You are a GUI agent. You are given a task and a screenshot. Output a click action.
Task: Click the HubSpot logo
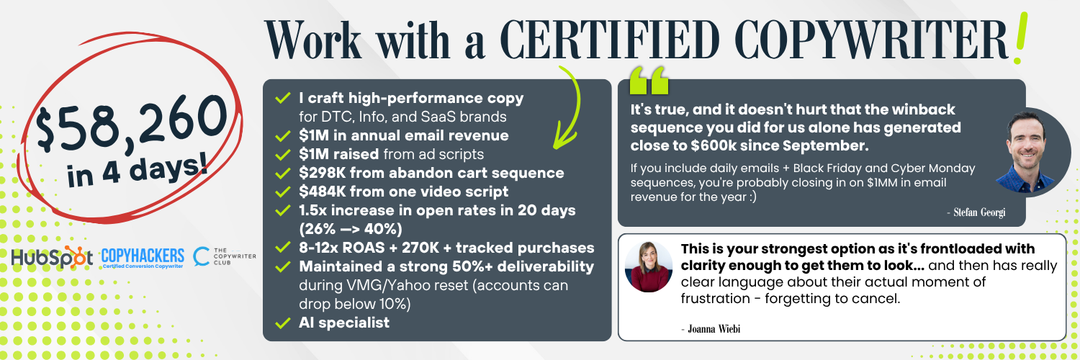tap(52, 257)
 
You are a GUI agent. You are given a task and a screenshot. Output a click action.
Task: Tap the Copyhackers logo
tap(143, 258)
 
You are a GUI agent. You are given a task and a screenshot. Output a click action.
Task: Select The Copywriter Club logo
tap(225, 256)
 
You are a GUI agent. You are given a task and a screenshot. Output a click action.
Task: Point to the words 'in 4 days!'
tap(138, 170)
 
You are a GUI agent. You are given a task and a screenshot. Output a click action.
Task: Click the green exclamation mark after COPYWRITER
tap(1021, 38)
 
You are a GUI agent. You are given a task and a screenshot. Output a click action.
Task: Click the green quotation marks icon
tap(649, 81)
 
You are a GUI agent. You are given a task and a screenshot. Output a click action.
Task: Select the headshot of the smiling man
tap(1028, 153)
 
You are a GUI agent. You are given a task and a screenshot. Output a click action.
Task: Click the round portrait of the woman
tap(649, 267)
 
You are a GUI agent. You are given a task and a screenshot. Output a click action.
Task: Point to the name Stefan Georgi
tap(976, 212)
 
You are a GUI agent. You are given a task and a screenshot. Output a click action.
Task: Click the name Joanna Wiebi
tap(711, 329)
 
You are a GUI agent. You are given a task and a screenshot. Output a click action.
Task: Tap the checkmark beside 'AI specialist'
tap(282, 323)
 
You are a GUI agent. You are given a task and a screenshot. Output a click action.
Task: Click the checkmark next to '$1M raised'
tap(282, 155)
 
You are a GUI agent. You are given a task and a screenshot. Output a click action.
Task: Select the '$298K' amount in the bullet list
tap(322, 173)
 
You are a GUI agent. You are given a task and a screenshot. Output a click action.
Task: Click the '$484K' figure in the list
tap(322, 192)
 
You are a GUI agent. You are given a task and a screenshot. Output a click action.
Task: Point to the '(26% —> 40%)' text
tap(351, 229)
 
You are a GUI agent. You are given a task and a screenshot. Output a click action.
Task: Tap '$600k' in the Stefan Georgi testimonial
tap(713, 145)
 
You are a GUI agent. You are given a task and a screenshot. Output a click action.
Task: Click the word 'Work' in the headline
tap(313, 40)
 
